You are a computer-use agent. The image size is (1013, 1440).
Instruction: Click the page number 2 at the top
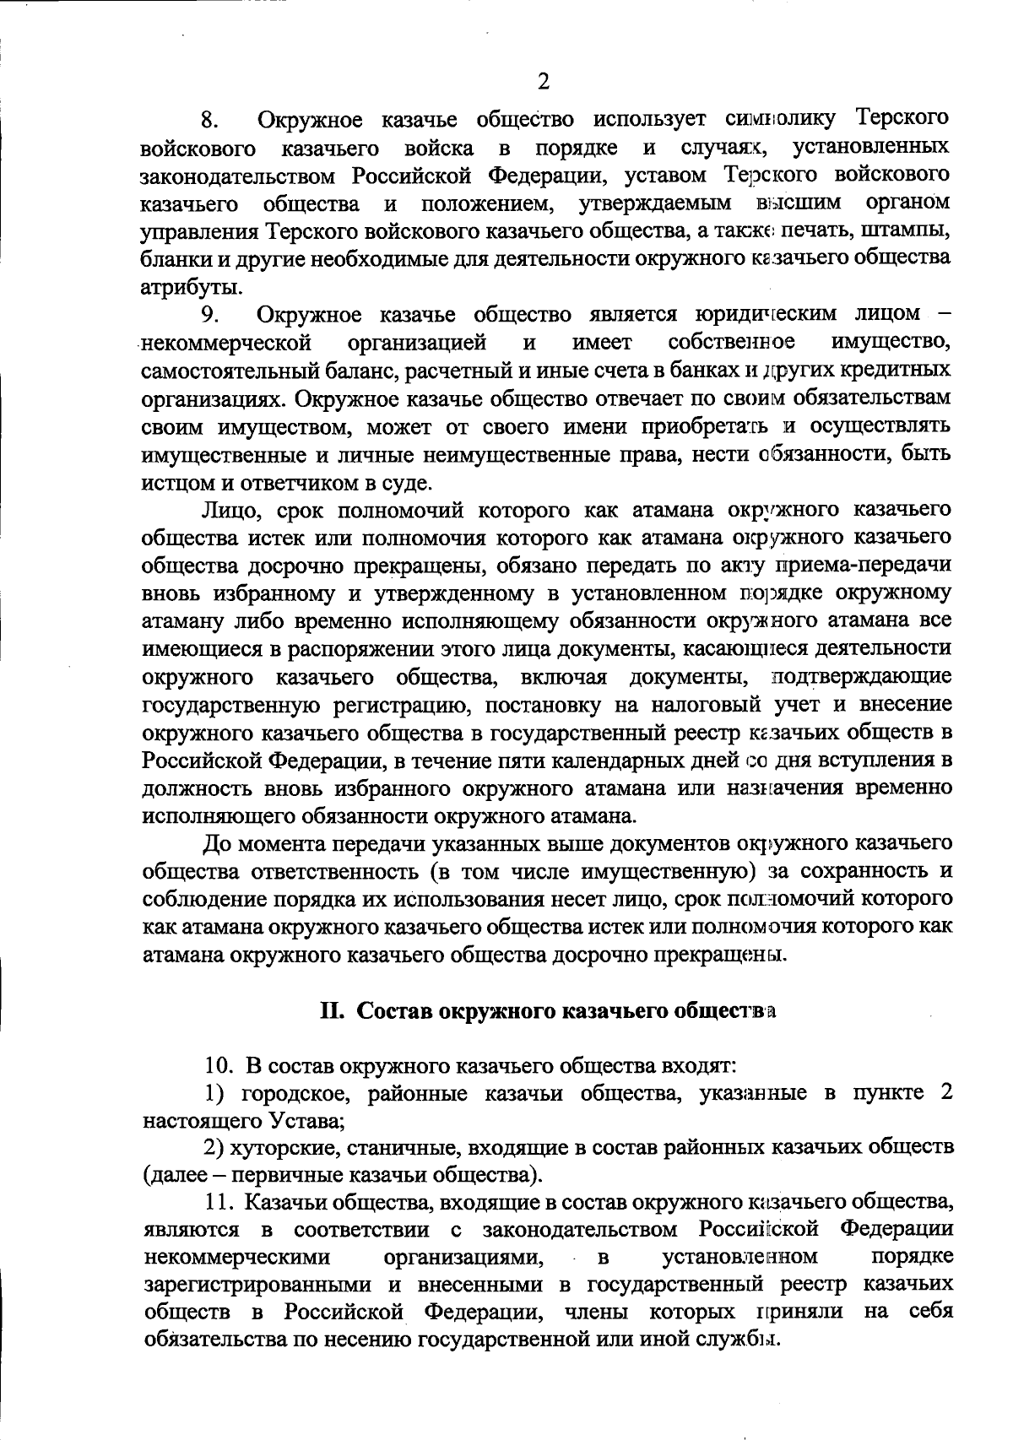543,82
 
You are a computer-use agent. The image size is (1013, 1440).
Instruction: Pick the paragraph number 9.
210,315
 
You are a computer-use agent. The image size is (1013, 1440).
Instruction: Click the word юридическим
766,314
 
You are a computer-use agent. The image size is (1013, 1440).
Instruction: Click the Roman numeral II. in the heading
332,1011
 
